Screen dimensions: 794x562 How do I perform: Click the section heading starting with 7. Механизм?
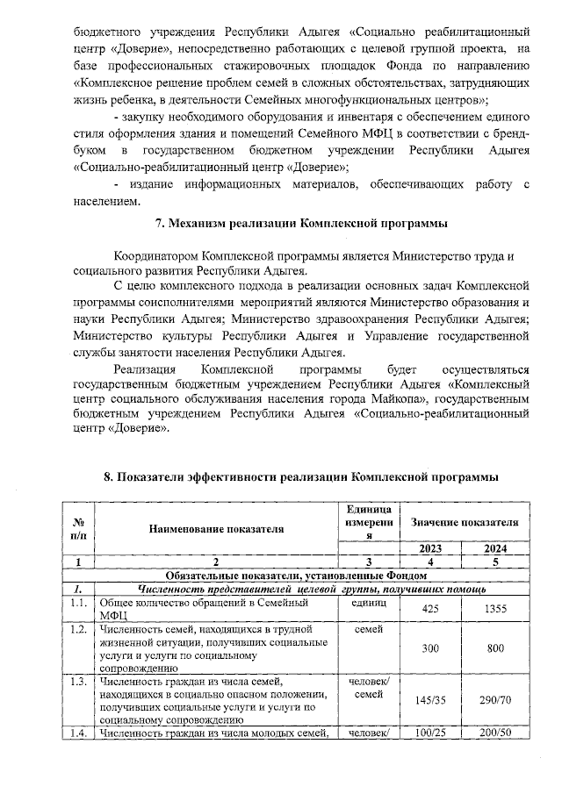pyautogui.click(x=301, y=224)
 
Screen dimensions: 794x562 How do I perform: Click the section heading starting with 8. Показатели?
pyautogui.click(x=301, y=476)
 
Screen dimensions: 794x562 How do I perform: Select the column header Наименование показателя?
pyautogui.click(x=217, y=529)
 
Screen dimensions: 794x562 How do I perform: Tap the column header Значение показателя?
pyautogui.click(x=465, y=521)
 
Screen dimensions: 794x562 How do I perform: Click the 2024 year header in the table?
pyautogui.click(x=496, y=547)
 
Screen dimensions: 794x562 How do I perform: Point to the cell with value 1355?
pyautogui.click(x=496, y=609)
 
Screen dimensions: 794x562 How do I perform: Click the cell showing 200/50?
pyautogui.click(x=496, y=733)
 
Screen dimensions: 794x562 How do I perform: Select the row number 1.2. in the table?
pyautogui.click(x=79, y=630)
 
